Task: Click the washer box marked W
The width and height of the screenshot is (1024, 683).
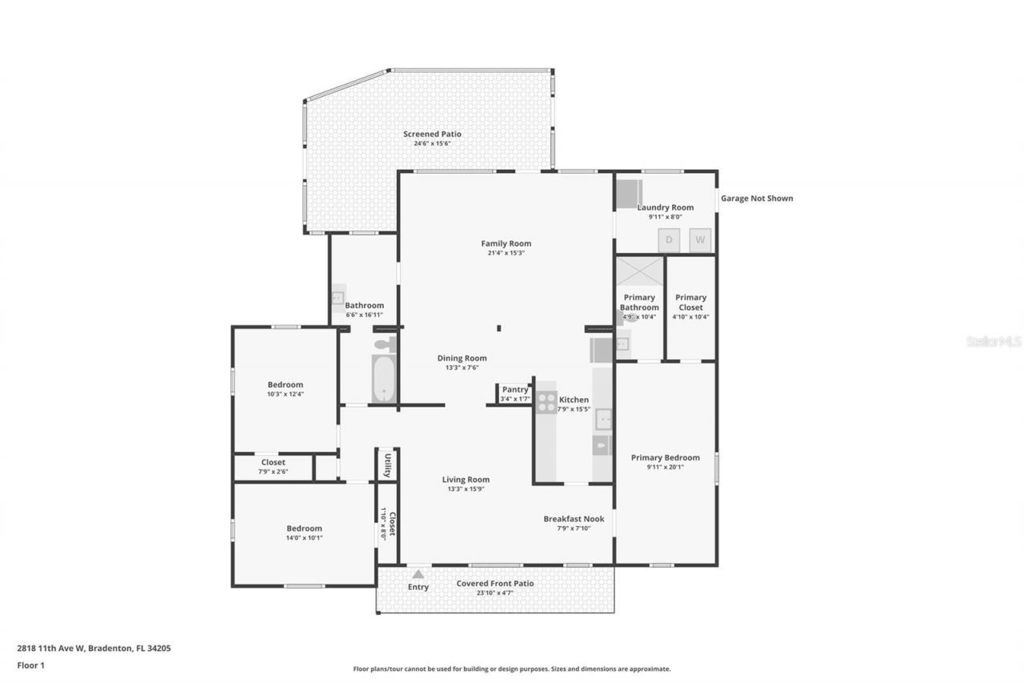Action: (x=701, y=239)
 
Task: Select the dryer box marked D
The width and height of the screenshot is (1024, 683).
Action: (x=669, y=239)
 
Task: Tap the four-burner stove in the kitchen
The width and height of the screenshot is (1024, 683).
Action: (x=546, y=402)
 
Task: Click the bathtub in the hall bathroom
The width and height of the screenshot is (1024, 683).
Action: (x=385, y=380)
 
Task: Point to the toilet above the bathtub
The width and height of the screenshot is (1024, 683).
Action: (x=385, y=344)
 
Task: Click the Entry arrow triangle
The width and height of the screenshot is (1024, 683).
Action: (x=418, y=573)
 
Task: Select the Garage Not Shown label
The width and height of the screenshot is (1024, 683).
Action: (x=757, y=199)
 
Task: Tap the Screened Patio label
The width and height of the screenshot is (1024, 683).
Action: (x=432, y=134)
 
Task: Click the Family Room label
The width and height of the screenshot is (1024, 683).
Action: (x=506, y=243)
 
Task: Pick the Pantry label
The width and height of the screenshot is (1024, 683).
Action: (x=515, y=390)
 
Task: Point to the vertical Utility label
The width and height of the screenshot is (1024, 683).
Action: (x=387, y=465)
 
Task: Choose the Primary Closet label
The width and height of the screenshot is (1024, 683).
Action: (x=690, y=302)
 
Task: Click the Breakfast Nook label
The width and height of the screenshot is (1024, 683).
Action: (x=574, y=519)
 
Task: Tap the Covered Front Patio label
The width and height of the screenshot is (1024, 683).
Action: (x=494, y=584)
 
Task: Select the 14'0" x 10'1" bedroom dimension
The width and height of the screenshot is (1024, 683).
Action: (x=304, y=538)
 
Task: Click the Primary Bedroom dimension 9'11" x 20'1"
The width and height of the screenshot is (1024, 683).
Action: (x=665, y=468)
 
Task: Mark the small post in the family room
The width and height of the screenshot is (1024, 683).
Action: (x=498, y=327)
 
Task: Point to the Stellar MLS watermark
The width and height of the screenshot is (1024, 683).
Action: (x=994, y=341)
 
